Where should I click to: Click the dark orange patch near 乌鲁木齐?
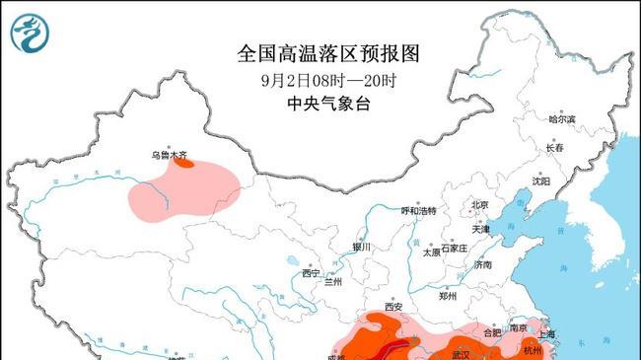click(183, 163)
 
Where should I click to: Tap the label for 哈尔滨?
click(562, 118)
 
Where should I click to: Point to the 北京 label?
click(480, 206)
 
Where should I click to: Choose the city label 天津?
click(481, 229)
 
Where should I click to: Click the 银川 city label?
click(361, 247)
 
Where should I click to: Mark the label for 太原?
click(431, 252)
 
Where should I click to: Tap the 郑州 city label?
click(448, 295)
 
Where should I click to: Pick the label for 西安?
click(394, 307)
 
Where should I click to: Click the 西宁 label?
click(312, 273)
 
